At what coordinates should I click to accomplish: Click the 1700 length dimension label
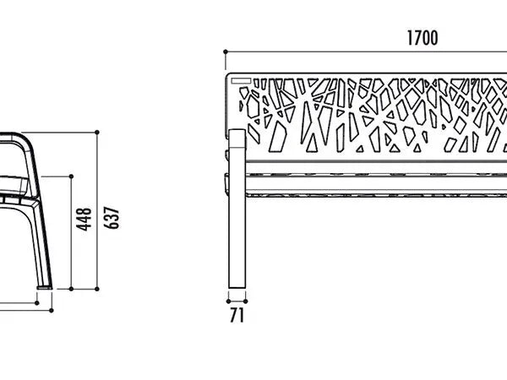click(x=422, y=38)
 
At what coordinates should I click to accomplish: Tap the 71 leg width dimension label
click(x=237, y=315)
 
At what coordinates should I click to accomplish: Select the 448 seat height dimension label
click(x=84, y=220)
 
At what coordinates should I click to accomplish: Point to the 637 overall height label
click(x=112, y=218)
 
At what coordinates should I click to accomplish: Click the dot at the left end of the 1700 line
click(x=226, y=52)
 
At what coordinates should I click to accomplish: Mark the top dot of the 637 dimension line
click(x=97, y=133)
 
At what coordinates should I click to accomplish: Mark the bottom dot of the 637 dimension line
click(x=97, y=289)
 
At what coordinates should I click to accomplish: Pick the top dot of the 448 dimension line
click(x=71, y=176)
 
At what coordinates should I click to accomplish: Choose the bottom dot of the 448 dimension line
click(x=71, y=289)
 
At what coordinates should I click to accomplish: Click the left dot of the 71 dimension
click(x=228, y=301)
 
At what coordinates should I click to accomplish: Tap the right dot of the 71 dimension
click(x=245, y=301)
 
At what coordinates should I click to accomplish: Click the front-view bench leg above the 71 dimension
click(x=237, y=209)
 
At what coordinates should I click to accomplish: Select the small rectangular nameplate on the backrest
click(x=241, y=80)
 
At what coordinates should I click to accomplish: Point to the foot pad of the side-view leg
click(x=45, y=287)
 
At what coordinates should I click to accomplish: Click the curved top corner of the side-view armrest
click(x=25, y=138)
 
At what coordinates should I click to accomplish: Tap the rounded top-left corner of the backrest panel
click(x=229, y=76)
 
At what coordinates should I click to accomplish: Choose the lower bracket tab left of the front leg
click(x=226, y=184)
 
